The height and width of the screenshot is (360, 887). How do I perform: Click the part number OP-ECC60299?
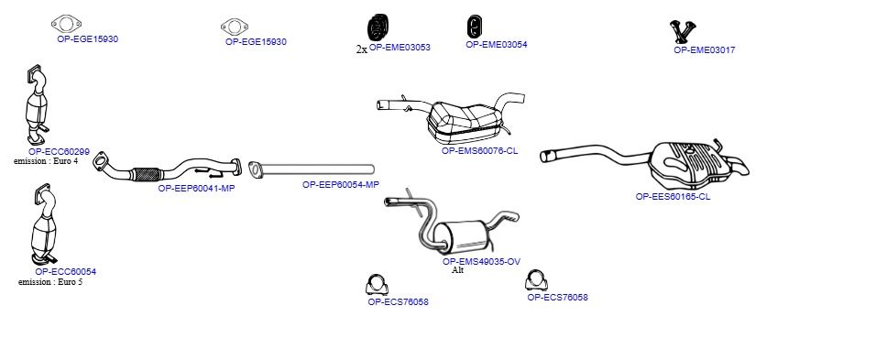[59, 152]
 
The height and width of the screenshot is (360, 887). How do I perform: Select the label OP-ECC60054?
[66, 272]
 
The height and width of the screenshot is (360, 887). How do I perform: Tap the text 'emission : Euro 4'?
[46, 161]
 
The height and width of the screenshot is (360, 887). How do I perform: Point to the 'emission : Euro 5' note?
[50, 282]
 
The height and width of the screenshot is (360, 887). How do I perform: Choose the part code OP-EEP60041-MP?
[196, 189]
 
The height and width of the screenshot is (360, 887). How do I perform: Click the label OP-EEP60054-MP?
[341, 184]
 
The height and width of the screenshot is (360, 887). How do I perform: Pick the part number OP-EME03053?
[400, 48]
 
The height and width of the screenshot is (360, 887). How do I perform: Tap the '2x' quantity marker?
[361, 49]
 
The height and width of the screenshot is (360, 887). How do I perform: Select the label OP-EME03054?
[496, 45]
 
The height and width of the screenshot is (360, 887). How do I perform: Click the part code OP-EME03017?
[705, 49]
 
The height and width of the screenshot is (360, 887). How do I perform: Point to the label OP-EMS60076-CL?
[480, 151]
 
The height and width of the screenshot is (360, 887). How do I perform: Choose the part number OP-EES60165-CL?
[673, 197]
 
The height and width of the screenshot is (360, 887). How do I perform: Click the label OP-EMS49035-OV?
[481, 262]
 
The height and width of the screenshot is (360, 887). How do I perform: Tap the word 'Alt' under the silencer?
[457, 270]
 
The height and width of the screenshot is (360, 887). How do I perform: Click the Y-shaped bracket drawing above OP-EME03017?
[683, 32]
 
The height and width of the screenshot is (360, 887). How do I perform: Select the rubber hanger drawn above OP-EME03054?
[475, 27]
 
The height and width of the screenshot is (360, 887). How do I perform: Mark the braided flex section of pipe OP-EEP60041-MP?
[146, 174]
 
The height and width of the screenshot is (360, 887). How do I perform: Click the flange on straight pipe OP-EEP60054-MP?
[255, 169]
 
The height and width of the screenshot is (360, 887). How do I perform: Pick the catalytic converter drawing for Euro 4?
[38, 105]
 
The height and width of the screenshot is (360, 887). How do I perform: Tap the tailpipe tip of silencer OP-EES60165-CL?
[742, 168]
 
